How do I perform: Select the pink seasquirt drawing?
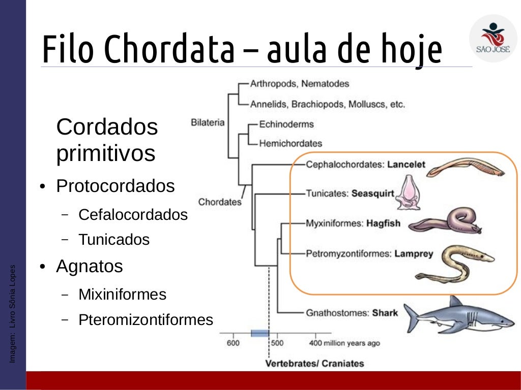point(410,193)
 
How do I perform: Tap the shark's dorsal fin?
point(454,302)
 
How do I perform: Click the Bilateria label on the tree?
point(207,122)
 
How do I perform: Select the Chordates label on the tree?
point(219,202)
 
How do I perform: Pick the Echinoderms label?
point(286,124)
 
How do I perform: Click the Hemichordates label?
point(290,143)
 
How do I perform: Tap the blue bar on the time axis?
point(259,333)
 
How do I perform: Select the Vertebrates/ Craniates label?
point(314,363)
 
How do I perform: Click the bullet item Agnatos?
point(90,266)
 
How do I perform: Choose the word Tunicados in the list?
point(114,240)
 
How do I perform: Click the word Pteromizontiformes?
point(146,320)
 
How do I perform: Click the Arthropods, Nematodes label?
point(299,83)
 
